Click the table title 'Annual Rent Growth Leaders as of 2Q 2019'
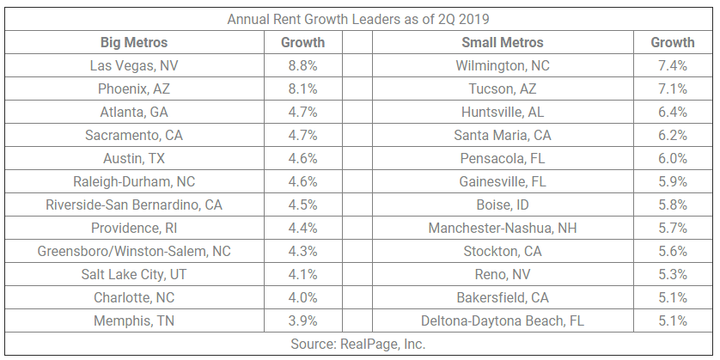(x=360, y=19)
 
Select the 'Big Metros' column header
(x=134, y=42)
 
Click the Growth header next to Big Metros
(x=302, y=42)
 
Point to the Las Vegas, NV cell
(x=134, y=65)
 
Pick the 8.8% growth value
(x=302, y=65)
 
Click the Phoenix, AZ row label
(x=134, y=88)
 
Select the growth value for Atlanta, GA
(x=302, y=112)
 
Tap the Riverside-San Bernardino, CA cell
(x=134, y=204)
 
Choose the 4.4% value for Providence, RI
(x=302, y=228)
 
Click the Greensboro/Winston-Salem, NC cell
(x=134, y=251)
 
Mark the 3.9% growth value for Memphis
(x=302, y=320)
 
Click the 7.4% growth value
(x=672, y=65)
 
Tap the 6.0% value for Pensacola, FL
(x=672, y=158)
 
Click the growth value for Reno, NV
(x=672, y=274)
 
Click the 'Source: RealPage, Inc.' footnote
(x=360, y=344)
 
